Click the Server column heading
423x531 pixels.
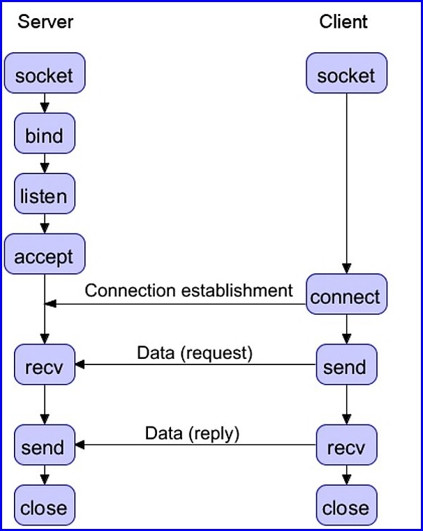pos(45,22)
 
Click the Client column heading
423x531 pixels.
pos(343,22)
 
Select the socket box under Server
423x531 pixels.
pos(45,73)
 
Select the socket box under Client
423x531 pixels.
pos(346,73)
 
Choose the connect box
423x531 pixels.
pos(346,295)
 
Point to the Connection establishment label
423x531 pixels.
pos(188,289)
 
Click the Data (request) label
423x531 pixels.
pos(195,353)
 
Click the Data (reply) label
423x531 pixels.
pos(192,433)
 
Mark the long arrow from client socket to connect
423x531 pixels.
pos(346,181)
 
